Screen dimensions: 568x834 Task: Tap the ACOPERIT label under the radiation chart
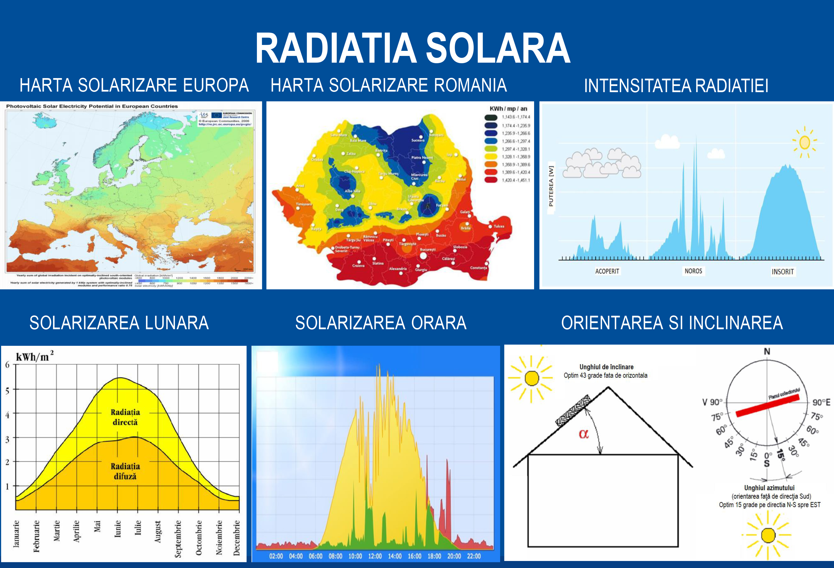click(x=607, y=271)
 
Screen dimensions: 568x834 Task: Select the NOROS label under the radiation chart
click(x=693, y=271)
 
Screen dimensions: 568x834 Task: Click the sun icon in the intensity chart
click(x=805, y=142)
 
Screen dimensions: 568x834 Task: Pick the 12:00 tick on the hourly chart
click(x=375, y=556)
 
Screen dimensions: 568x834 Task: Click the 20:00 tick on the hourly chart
click(x=454, y=556)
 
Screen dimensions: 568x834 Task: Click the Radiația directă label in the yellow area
click(x=125, y=417)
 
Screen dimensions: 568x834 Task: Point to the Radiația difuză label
click(x=125, y=471)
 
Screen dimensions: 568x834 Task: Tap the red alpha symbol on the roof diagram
click(x=584, y=434)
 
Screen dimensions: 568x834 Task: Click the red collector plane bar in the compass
click(x=768, y=405)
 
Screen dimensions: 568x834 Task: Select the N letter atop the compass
click(x=767, y=351)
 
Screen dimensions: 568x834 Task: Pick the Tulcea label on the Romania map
click(x=499, y=226)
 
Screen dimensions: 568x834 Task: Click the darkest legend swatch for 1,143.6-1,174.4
click(x=491, y=117)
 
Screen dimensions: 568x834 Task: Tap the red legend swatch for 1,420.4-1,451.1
click(x=491, y=180)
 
